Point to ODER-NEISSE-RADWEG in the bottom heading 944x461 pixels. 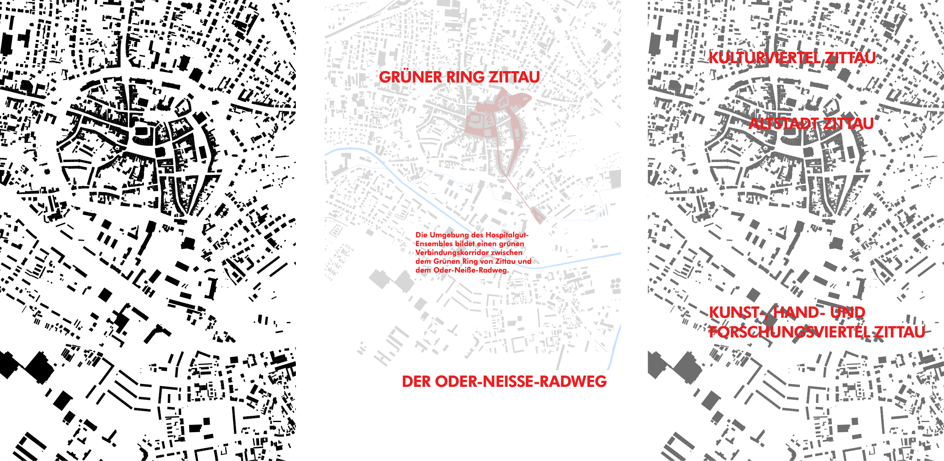pyautogui.click(x=521, y=382)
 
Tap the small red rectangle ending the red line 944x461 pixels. pyautogui.click(x=538, y=216)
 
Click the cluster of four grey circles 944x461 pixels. pyautogui.click(x=616, y=284)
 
